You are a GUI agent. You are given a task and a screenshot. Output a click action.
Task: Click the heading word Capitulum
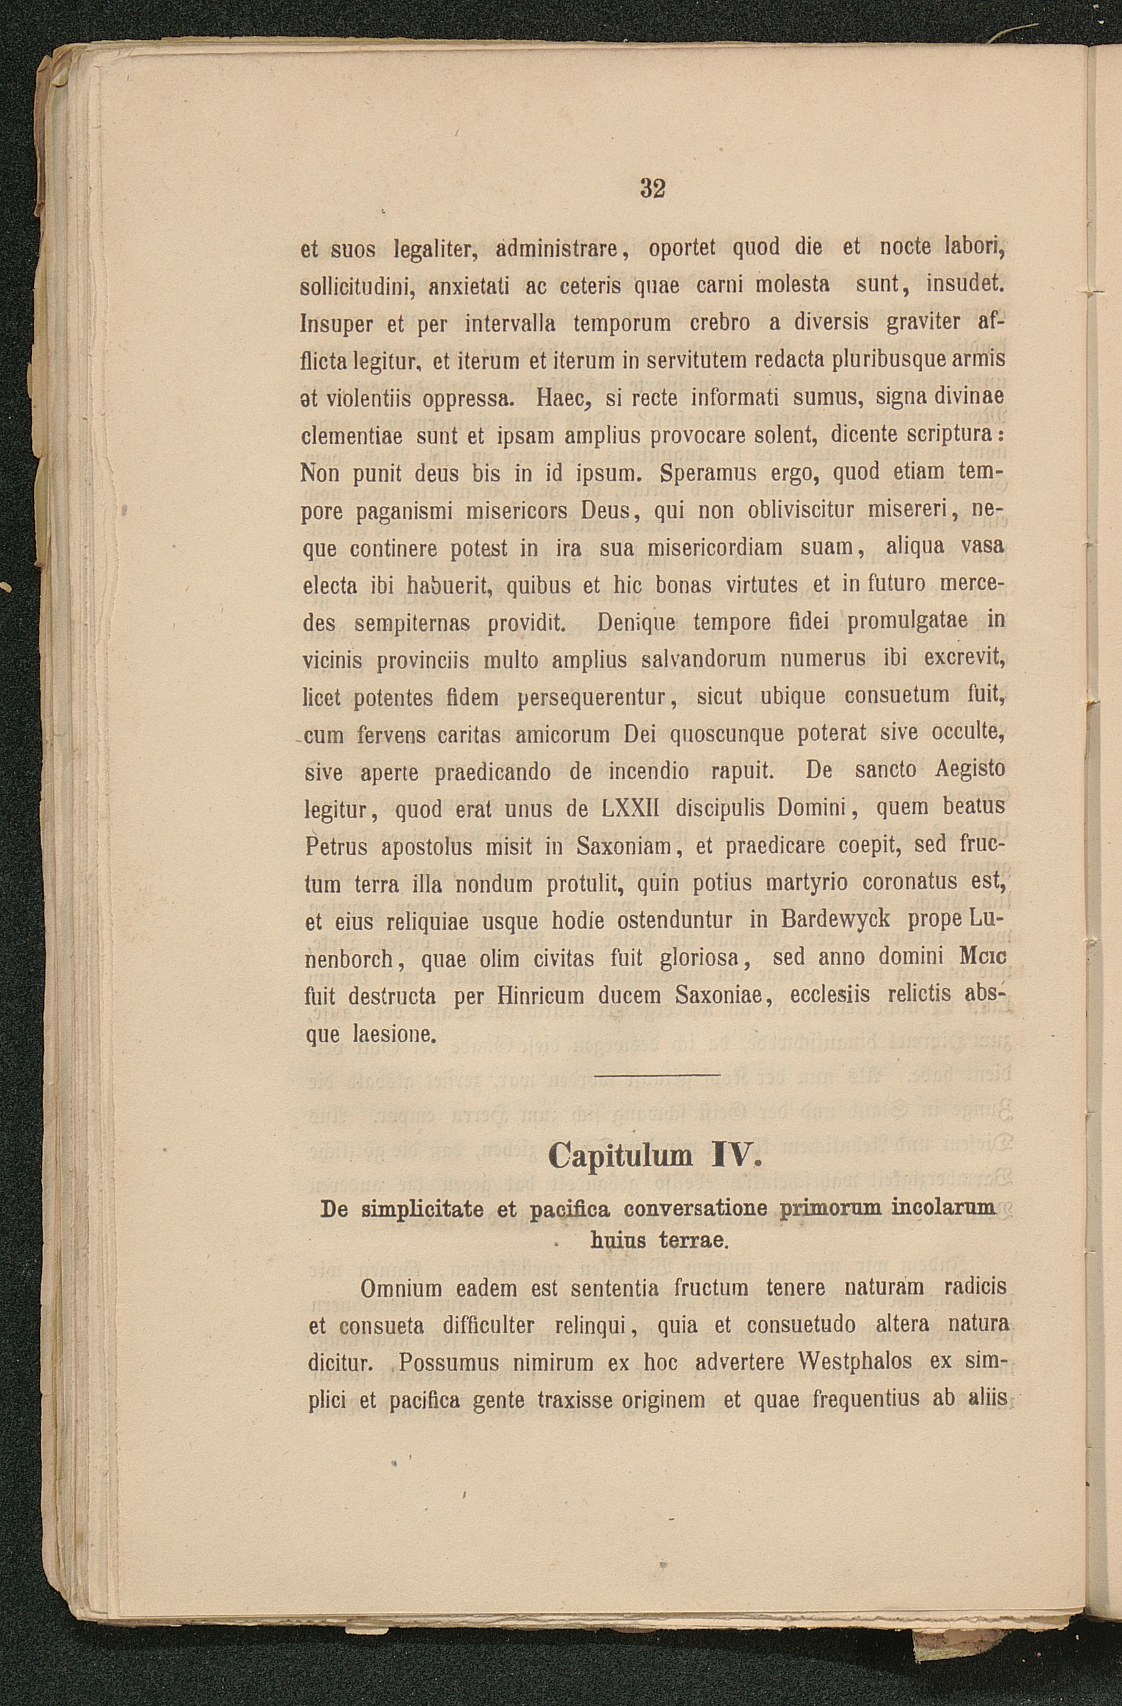620,1155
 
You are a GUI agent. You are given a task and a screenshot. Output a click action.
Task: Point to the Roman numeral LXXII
631,808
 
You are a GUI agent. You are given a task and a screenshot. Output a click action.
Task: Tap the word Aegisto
970,770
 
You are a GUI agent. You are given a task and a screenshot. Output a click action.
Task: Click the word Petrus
336,847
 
